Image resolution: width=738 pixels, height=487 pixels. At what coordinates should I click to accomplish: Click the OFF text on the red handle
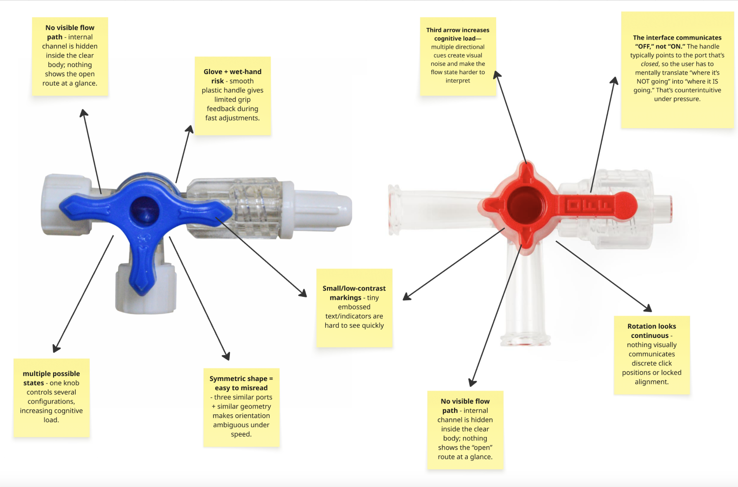coord(589,206)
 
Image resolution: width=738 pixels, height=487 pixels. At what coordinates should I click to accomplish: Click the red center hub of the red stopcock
coord(526,206)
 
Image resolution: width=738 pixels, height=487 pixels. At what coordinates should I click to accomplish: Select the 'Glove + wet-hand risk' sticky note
coord(233,95)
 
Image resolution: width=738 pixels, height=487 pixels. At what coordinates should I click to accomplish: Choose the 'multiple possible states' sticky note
coord(51,397)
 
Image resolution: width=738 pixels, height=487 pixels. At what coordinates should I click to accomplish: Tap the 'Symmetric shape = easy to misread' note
coord(241,406)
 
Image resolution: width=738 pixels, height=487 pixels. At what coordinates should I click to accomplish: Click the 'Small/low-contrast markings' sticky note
coord(354,307)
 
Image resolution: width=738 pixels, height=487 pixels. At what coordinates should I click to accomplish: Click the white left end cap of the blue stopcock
coord(58,205)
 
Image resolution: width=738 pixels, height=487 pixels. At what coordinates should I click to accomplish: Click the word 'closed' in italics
coord(649,64)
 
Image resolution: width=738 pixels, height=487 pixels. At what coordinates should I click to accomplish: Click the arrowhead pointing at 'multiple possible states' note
coord(56,348)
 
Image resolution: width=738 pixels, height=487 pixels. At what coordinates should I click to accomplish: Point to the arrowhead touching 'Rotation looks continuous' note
coord(647,308)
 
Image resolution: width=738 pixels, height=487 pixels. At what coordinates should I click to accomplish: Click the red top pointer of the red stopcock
coord(526,171)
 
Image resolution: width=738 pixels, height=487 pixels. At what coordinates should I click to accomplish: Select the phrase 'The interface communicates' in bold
coord(677,38)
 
